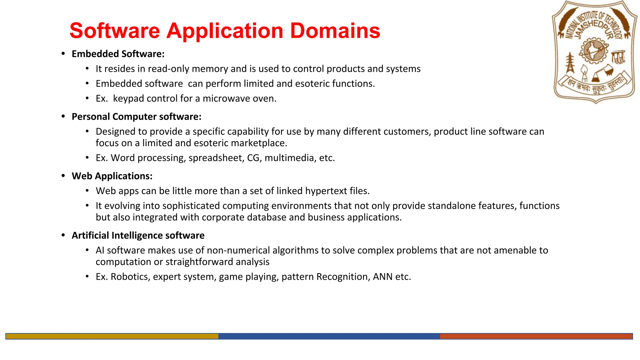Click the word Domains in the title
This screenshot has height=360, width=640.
pos(335,31)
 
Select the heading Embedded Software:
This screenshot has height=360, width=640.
pos(118,54)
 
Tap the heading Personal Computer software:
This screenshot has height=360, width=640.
pos(137,117)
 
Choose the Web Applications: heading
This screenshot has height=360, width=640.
pos(112,176)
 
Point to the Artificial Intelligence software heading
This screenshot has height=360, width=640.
pos(138,235)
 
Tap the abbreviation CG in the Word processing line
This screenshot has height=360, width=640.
pos(253,158)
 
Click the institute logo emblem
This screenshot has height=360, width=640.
pos(595,52)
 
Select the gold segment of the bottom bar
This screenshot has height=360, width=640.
pos(112,336)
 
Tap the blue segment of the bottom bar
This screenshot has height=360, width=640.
pos(329,336)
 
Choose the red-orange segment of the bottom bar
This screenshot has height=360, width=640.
pos(536,336)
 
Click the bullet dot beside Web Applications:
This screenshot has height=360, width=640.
pos(63,176)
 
